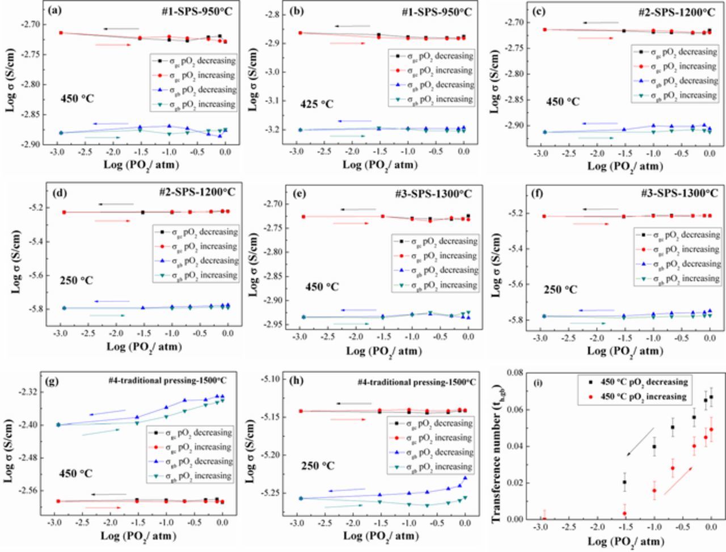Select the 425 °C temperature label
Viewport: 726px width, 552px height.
(x=318, y=104)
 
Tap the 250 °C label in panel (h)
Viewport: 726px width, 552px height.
(x=318, y=466)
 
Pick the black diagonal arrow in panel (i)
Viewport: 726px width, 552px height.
(x=640, y=442)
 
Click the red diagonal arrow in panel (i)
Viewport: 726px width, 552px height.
(x=678, y=481)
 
